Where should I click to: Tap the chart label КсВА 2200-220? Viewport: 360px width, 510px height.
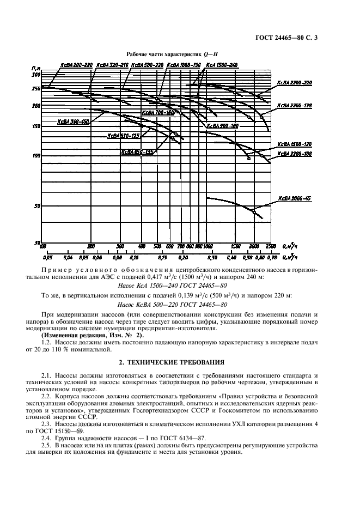[294, 83]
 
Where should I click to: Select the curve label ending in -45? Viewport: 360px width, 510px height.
[294, 198]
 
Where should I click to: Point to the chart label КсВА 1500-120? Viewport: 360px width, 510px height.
[294, 144]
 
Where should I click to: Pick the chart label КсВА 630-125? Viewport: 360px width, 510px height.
[123, 136]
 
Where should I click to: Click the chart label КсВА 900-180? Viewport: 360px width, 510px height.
[222, 126]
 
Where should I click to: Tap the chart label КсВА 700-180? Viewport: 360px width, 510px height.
[158, 113]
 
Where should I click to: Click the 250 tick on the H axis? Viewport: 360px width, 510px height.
[36, 88]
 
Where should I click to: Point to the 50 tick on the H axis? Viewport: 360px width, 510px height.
[37, 206]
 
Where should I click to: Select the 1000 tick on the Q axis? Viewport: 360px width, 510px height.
[207, 246]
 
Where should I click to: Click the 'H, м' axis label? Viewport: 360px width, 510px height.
[36, 68]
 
